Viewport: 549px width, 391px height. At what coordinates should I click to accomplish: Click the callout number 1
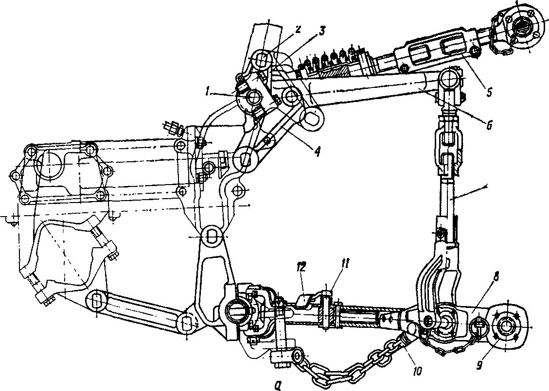pos(208,93)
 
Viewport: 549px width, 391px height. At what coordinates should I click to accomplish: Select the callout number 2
pos(297,30)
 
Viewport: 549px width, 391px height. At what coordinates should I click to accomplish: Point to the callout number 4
pos(317,152)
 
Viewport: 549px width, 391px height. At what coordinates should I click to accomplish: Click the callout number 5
pos(489,92)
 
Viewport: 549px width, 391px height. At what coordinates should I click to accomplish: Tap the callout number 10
pos(418,371)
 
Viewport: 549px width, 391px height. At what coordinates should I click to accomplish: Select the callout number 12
pos(302,268)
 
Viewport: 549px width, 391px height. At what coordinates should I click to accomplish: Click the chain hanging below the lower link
pos(350,361)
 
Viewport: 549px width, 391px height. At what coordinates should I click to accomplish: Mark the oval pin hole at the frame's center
pos(212,235)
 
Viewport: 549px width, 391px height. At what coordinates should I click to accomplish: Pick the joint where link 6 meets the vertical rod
pos(450,81)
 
